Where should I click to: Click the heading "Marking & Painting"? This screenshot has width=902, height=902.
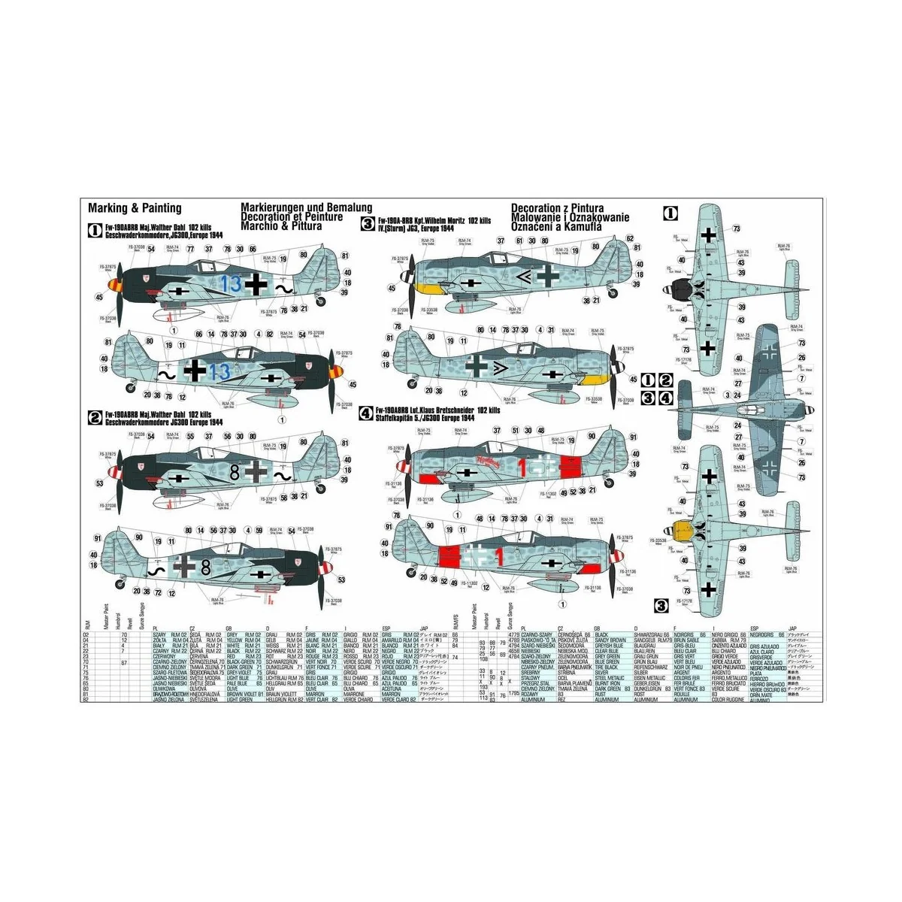(x=135, y=208)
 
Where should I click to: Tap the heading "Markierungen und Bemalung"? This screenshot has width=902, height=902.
(x=307, y=207)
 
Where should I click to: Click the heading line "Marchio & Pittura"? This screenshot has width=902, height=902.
(x=281, y=225)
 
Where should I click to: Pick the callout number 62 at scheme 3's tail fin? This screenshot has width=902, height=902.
(x=630, y=239)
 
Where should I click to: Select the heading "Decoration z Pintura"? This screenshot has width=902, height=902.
(x=557, y=208)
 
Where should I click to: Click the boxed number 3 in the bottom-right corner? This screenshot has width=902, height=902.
(x=661, y=605)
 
